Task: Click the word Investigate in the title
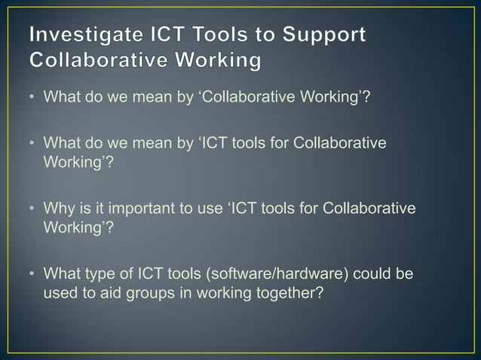86,35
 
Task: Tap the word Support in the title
325,35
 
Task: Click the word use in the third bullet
207,208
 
